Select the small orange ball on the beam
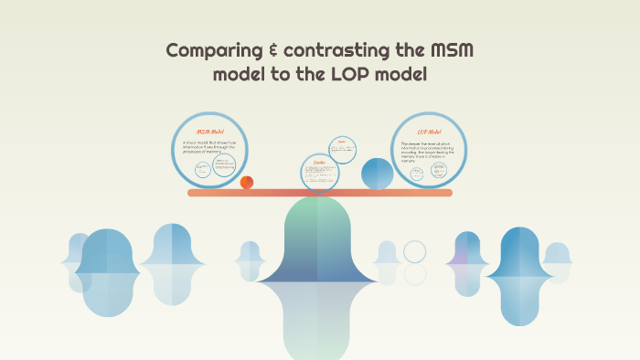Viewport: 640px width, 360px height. (247, 183)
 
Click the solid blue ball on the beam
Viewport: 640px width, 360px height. (377, 174)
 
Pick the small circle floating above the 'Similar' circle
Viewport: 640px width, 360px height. (342, 148)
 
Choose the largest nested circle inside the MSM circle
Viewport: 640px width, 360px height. (224, 164)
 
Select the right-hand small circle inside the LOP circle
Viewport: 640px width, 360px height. (439, 165)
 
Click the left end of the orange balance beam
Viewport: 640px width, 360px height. (193, 193)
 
